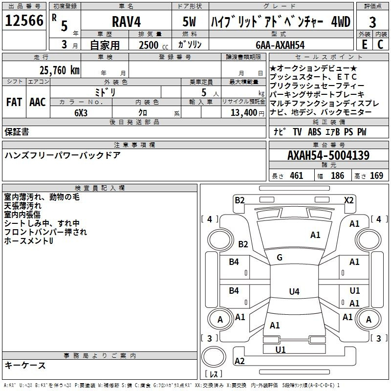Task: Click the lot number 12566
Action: (x=24, y=22)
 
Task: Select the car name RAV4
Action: (x=126, y=22)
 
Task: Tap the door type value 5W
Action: (x=190, y=22)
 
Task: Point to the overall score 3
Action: (x=372, y=22)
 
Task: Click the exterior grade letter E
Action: (x=364, y=44)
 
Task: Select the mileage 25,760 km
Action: (x=59, y=70)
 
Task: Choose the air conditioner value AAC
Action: (x=37, y=102)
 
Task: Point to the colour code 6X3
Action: (x=81, y=112)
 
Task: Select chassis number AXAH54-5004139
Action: (x=328, y=156)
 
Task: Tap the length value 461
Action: (x=296, y=175)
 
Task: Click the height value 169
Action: (x=376, y=175)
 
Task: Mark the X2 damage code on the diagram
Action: (x=348, y=200)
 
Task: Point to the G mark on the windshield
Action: (x=280, y=258)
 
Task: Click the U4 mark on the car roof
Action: (x=294, y=292)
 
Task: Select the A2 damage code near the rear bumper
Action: (x=239, y=361)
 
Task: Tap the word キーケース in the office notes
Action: (x=25, y=365)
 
